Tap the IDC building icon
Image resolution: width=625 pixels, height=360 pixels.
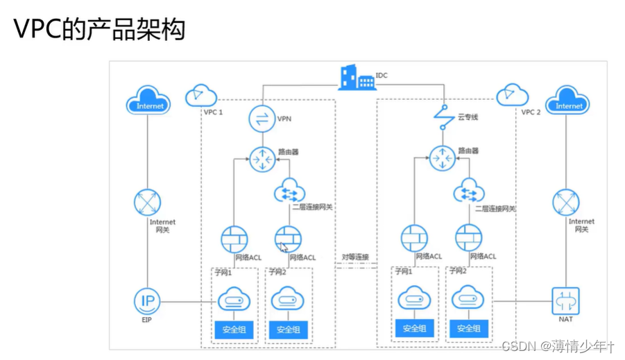(x=356, y=78)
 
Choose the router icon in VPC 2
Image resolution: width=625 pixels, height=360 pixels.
(x=442, y=159)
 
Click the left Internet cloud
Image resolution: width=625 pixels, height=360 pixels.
(x=149, y=104)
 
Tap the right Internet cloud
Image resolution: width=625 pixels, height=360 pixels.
(x=568, y=104)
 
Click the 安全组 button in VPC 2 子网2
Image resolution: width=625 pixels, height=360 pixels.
(x=468, y=328)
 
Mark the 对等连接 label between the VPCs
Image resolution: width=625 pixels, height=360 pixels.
(x=354, y=257)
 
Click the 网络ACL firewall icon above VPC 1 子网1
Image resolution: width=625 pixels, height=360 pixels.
(x=234, y=239)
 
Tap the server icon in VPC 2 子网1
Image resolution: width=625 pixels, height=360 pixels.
(x=414, y=300)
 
